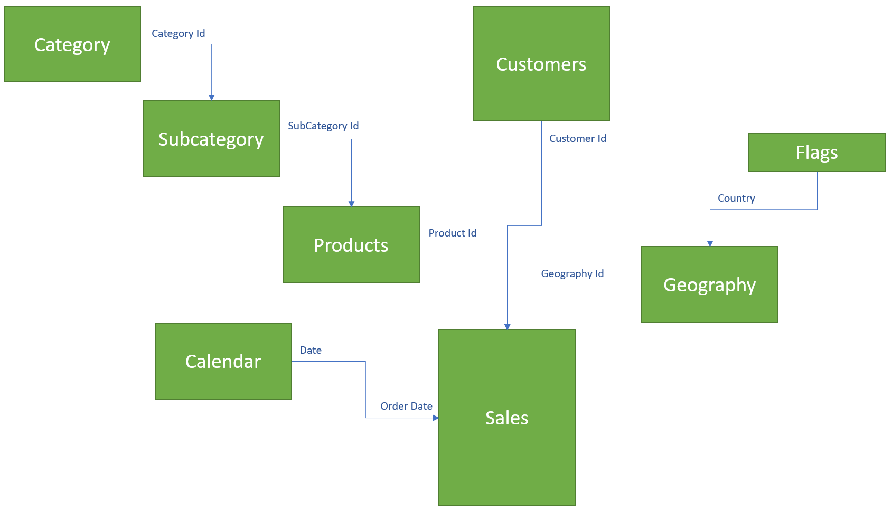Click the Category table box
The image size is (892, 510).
[x=72, y=44]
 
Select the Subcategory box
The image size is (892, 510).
[x=211, y=139]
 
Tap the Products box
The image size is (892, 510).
[x=351, y=245]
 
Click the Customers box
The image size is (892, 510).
[x=541, y=64]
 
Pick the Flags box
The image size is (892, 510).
[x=817, y=153]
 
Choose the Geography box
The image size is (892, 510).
[x=710, y=285]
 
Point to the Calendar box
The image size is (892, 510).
[x=223, y=362]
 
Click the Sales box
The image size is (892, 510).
[x=507, y=418]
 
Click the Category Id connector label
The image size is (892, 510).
[x=178, y=33]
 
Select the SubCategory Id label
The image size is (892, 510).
[x=323, y=126]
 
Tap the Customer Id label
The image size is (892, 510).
[x=578, y=138]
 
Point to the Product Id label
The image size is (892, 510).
[x=453, y=233]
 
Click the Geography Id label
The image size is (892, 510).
[x=572, y=273]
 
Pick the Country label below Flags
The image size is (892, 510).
[x=736, y=198]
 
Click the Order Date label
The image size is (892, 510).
[x=407, y=406]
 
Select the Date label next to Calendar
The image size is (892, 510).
[x=311, y=350]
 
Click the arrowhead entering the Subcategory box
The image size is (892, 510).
[x=212, y=98]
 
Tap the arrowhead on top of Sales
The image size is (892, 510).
[x=508, y=327]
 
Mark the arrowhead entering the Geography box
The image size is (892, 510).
[x=710, y=243]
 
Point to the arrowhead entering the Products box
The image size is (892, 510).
[x=352, y=204]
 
